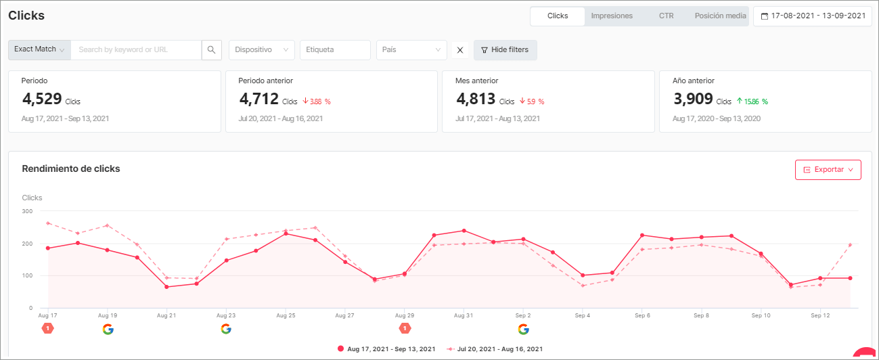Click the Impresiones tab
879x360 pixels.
[x=612, y=16]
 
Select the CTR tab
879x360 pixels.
[x=666, y=16]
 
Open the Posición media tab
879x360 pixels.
[x=720, y=16]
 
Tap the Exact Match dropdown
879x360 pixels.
[x=39, y=49]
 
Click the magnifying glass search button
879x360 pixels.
[x=212, y=49]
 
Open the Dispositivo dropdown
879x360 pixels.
[x=262, y=49]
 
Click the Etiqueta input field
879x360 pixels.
[x=335, y=49]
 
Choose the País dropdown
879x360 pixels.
[x=411, y=49]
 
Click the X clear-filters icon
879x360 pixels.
[x=460, y=49]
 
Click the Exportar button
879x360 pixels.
[x=828, y=169]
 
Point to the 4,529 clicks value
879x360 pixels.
[x=42, y=99]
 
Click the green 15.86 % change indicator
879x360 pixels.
[x=751, y=102]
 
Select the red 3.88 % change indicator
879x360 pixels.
[x=317, y=102]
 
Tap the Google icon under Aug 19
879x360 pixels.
[x=108, y=329]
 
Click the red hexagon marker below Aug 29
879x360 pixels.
[x=405, y=328]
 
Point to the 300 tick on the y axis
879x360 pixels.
[x=27, y=211]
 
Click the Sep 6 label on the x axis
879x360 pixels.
[x=643, y=315]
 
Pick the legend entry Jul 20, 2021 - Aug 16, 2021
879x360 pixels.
[x=495, y=349]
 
